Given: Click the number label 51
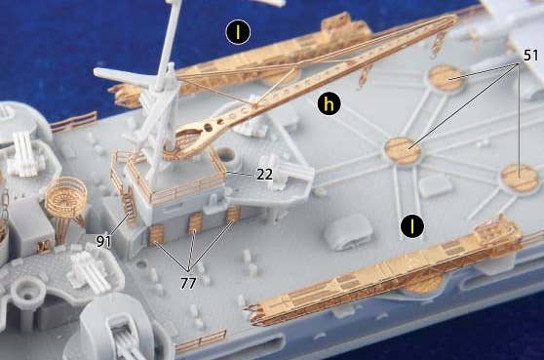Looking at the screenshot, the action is click(530, 56).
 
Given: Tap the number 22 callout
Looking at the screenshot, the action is click(264, 175).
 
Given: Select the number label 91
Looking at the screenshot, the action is click(103, 241).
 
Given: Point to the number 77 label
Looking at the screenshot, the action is click(188, 283).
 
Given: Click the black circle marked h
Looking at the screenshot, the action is click(329, 103).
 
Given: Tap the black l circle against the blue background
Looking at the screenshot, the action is click(238, 32).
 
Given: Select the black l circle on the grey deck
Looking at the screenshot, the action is click(412, 226).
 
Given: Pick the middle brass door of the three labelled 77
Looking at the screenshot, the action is click(195, 222).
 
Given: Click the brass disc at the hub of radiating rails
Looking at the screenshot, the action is click(403, 150).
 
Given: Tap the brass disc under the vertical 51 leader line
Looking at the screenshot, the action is click(520, 178).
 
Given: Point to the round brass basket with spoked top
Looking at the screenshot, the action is click(66, 192).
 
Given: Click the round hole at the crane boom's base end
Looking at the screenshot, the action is click(209, 128).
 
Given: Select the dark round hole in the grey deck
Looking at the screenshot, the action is click(226, 155).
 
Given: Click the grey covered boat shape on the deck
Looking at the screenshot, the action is click(348, 230).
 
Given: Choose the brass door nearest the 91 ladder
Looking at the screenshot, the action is click(155, 233).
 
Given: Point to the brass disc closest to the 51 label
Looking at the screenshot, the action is click(447, 78).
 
